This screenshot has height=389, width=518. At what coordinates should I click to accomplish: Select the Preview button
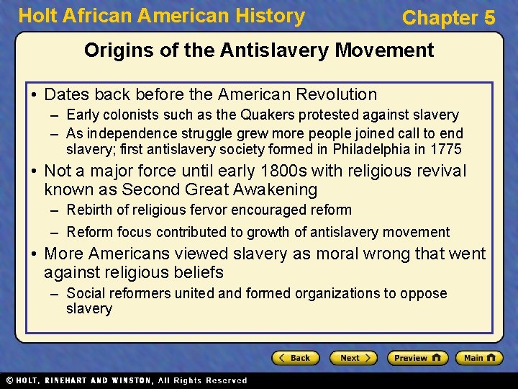click(417, 357)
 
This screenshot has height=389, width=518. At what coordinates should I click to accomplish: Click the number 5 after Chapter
click(489, 18)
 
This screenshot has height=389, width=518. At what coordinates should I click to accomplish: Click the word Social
click(86, 293)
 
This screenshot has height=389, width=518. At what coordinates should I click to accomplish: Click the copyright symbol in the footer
click(9, 380)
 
